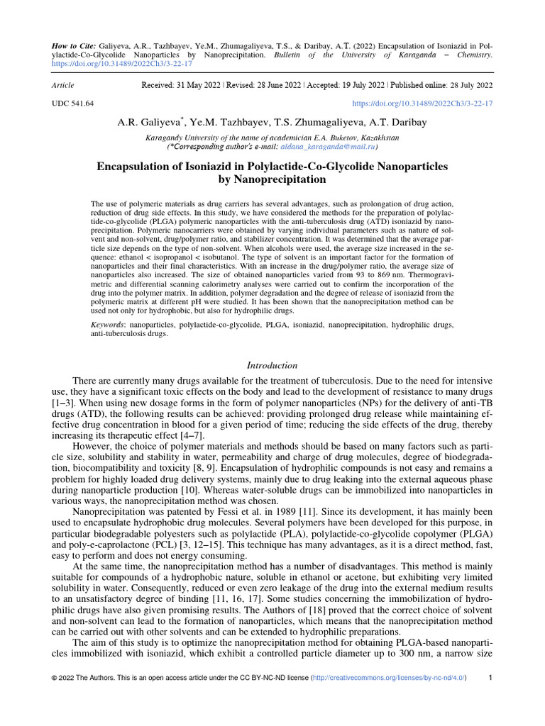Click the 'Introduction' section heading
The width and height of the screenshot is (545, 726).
[272, 365]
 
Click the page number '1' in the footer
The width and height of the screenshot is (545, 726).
[491, 698]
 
